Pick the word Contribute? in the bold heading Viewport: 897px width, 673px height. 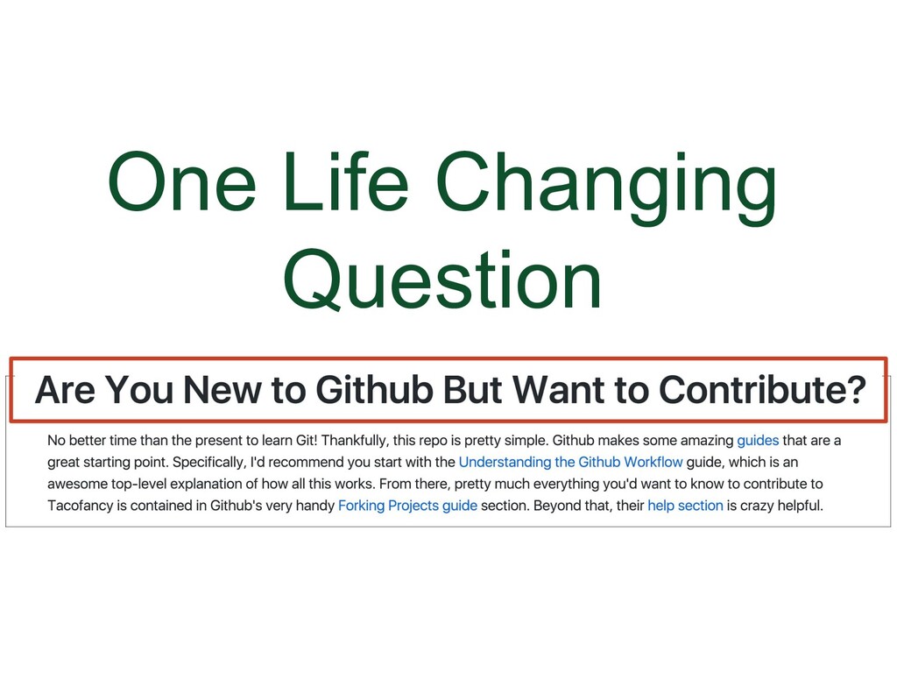click(x=762, y=389)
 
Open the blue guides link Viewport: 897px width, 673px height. click(x=758, y=440)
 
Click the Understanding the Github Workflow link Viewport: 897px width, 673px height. click(x=570, y=462)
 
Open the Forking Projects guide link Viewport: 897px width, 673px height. click(x=407, y=506)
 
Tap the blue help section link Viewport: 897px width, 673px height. click(x=685, y=506)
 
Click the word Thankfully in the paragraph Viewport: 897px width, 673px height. click(x=356, y=440)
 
